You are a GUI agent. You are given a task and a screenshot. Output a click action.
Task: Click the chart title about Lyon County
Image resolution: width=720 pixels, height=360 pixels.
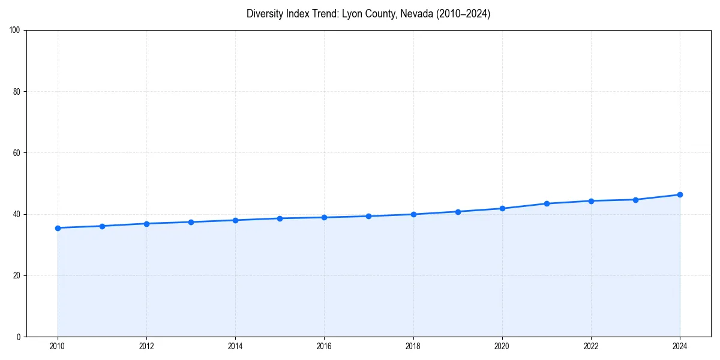point(368,14)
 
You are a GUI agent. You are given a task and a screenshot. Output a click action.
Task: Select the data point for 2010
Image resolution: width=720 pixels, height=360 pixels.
point(58,228)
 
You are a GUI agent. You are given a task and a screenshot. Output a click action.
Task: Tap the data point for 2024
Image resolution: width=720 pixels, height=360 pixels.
point(680,194)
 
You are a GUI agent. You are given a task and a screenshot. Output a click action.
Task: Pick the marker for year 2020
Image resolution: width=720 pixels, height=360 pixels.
point(502,208)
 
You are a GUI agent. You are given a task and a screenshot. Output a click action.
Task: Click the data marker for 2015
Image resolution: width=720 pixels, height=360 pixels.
point(280,218)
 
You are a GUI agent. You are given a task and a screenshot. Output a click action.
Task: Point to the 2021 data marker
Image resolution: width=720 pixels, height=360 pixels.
point(547,203)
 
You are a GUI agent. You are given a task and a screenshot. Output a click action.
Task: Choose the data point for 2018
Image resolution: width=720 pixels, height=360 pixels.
point(413,214)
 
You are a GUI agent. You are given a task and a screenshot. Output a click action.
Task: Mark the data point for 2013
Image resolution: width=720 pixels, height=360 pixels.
point(191,222)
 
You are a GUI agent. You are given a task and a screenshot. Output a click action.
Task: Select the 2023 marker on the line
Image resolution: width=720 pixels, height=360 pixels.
point(635,200)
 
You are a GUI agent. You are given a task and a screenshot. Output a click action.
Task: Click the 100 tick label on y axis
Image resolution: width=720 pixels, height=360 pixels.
point(15,30)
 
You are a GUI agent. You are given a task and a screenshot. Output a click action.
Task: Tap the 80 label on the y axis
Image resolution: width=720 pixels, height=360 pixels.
point(17,92)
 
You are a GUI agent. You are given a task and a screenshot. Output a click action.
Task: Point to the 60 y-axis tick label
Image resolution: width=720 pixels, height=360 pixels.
point(17,153)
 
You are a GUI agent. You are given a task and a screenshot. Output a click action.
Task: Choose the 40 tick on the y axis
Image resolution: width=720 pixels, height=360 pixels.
point(17,214)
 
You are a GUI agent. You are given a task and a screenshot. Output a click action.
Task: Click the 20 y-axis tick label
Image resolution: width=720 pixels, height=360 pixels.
point(17,275)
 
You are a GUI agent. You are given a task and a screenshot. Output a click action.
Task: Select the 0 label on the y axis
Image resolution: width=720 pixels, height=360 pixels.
point(19,337)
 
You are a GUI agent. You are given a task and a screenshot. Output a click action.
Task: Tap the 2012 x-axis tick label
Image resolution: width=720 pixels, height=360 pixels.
point(146,346)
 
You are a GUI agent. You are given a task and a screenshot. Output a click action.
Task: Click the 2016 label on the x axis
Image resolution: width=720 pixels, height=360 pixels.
point(324,346)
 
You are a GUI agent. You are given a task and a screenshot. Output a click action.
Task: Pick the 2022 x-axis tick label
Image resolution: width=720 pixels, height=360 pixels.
point(591,346)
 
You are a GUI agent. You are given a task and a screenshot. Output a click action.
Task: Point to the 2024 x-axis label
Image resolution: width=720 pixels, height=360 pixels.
point(680,346)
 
